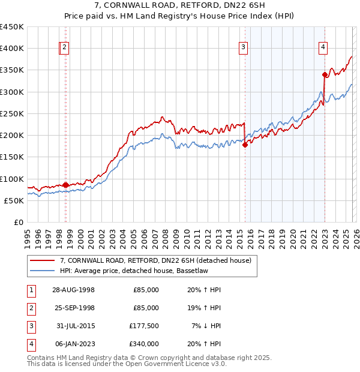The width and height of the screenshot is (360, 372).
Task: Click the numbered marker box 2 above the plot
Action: (x=64, y=49)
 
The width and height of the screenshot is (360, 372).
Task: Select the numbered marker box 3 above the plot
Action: (x=243, y=49)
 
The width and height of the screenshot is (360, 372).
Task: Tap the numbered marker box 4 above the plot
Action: (x=323, y=49)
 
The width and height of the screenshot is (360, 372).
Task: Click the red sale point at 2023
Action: (x=325, y=75)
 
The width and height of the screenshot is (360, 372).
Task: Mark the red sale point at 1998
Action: (x=65, y=185)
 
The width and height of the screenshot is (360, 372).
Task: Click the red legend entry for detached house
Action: (x=158, y=260)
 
